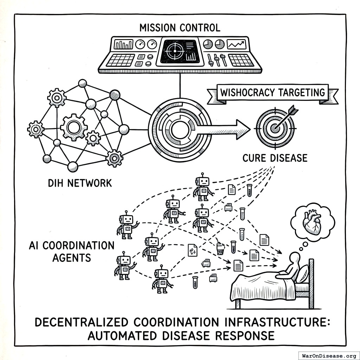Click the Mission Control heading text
coord(180,27)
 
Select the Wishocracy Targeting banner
coord(272,93)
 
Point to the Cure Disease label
coord(275,157)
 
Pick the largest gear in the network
coord(73,127)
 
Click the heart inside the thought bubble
coord(313,223)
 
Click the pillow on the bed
coord(302,274)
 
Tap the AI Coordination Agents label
coord(71,251)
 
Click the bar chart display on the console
coord(124,44)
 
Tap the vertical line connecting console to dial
coord(180,85)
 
